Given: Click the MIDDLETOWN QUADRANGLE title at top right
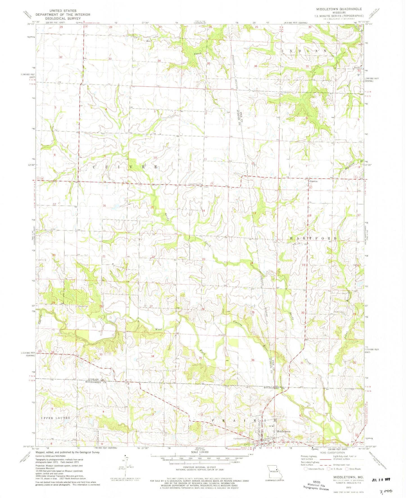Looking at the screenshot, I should click(339, 9).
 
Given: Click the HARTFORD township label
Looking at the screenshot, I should click(313, 238).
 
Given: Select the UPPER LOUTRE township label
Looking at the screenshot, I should click(56, 418).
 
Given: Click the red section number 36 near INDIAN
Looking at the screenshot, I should click(255, 66).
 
